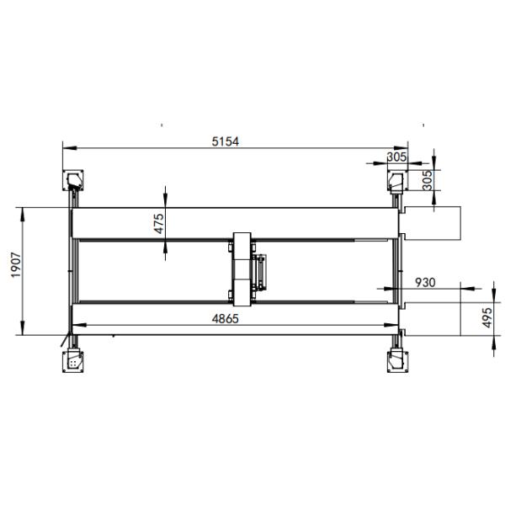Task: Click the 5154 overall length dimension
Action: (225, 141)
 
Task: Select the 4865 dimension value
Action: (225, 319)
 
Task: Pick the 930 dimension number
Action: (426, 283)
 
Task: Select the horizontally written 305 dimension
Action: (397, 157)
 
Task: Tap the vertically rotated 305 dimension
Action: (427, 180)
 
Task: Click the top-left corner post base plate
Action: (74, 179)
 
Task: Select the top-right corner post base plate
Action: (396, 179)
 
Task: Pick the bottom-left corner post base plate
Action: (74, 360)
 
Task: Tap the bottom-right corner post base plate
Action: (396, 360)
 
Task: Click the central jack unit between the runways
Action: (243, 269)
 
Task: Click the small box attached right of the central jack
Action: (263, 271)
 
